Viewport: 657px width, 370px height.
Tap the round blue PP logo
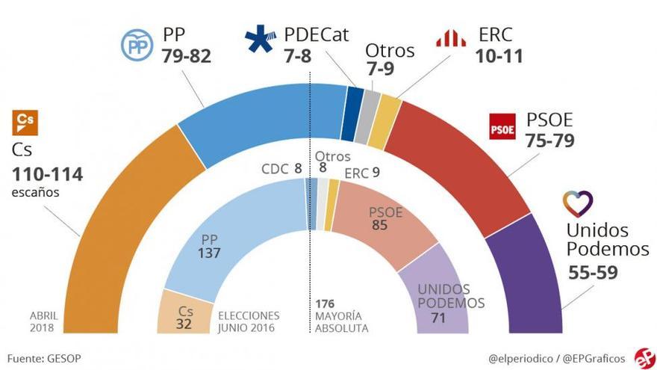pos(137,45)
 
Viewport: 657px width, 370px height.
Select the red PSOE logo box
pos(502,127)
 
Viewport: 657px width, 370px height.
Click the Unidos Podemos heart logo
pos(578,203)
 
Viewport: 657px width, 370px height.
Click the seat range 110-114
pos(47,175)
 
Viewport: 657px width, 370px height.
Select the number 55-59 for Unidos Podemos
pos(593,272)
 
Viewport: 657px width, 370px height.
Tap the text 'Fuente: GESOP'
pos(44,358)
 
